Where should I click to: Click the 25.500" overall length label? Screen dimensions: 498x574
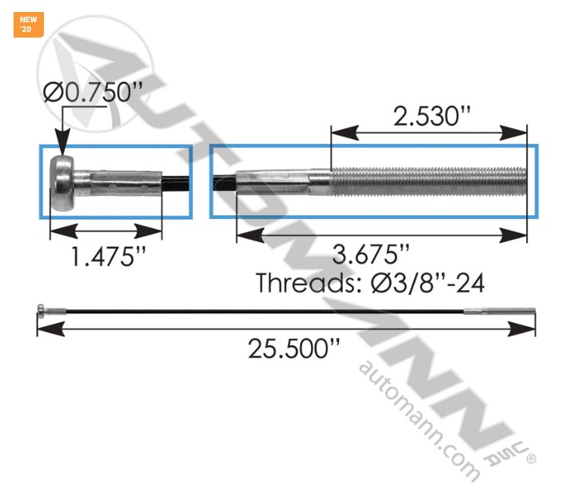[285, 349]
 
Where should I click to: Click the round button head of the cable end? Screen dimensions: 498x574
[63, 183]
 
